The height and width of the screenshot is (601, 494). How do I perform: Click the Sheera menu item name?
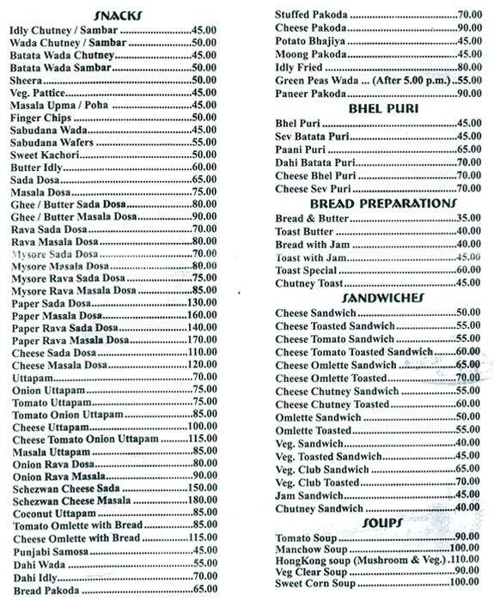click(x=27, y=80)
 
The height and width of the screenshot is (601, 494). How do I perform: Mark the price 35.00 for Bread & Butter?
click(x=466, y=219)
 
